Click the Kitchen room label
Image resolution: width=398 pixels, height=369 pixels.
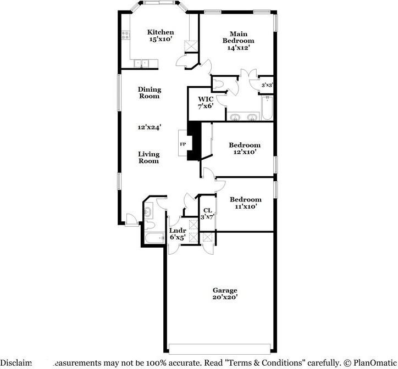161,32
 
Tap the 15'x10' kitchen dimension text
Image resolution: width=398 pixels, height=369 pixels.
161,40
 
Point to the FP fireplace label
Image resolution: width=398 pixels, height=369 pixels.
183,144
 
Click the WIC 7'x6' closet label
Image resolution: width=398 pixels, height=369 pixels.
209,102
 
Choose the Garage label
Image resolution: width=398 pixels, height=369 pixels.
225,290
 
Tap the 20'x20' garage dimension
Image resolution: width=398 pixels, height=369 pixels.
225,298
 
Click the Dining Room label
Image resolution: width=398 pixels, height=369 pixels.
148,92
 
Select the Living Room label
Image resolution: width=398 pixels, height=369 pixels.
148,158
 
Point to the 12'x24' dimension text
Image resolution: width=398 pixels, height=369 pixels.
148,127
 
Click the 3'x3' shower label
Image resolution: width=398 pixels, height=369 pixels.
267,85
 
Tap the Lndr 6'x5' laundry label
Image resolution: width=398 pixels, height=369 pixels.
178,234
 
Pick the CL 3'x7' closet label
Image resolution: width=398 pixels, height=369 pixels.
207,213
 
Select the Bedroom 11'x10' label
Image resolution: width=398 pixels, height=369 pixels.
245,203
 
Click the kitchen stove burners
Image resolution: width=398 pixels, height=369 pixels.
125,36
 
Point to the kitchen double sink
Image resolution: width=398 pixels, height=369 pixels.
140,63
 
